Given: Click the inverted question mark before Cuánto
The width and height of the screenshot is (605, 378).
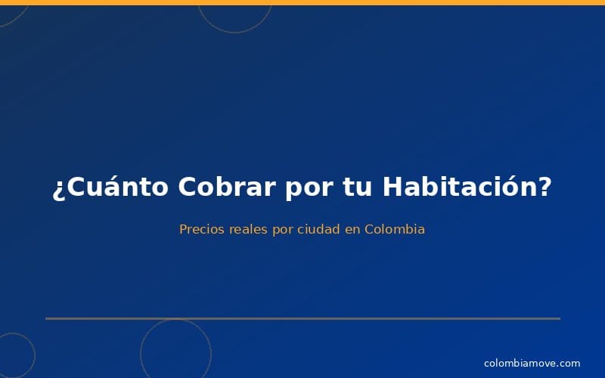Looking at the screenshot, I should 58,189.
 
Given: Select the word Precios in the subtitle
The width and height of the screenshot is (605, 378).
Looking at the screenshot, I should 203,229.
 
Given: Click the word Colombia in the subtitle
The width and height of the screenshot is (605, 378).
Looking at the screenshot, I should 394,229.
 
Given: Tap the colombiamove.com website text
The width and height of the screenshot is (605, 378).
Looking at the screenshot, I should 532,364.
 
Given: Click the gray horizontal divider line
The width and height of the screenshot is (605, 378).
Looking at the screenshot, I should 302,318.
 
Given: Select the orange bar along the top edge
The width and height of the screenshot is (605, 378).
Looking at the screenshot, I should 302,2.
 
